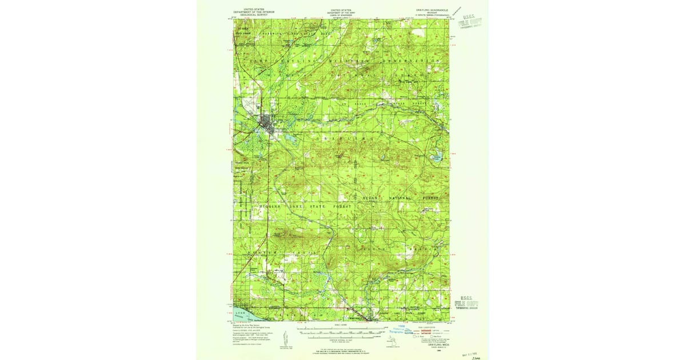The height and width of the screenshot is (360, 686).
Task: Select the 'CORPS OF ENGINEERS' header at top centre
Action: coord(341,14)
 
